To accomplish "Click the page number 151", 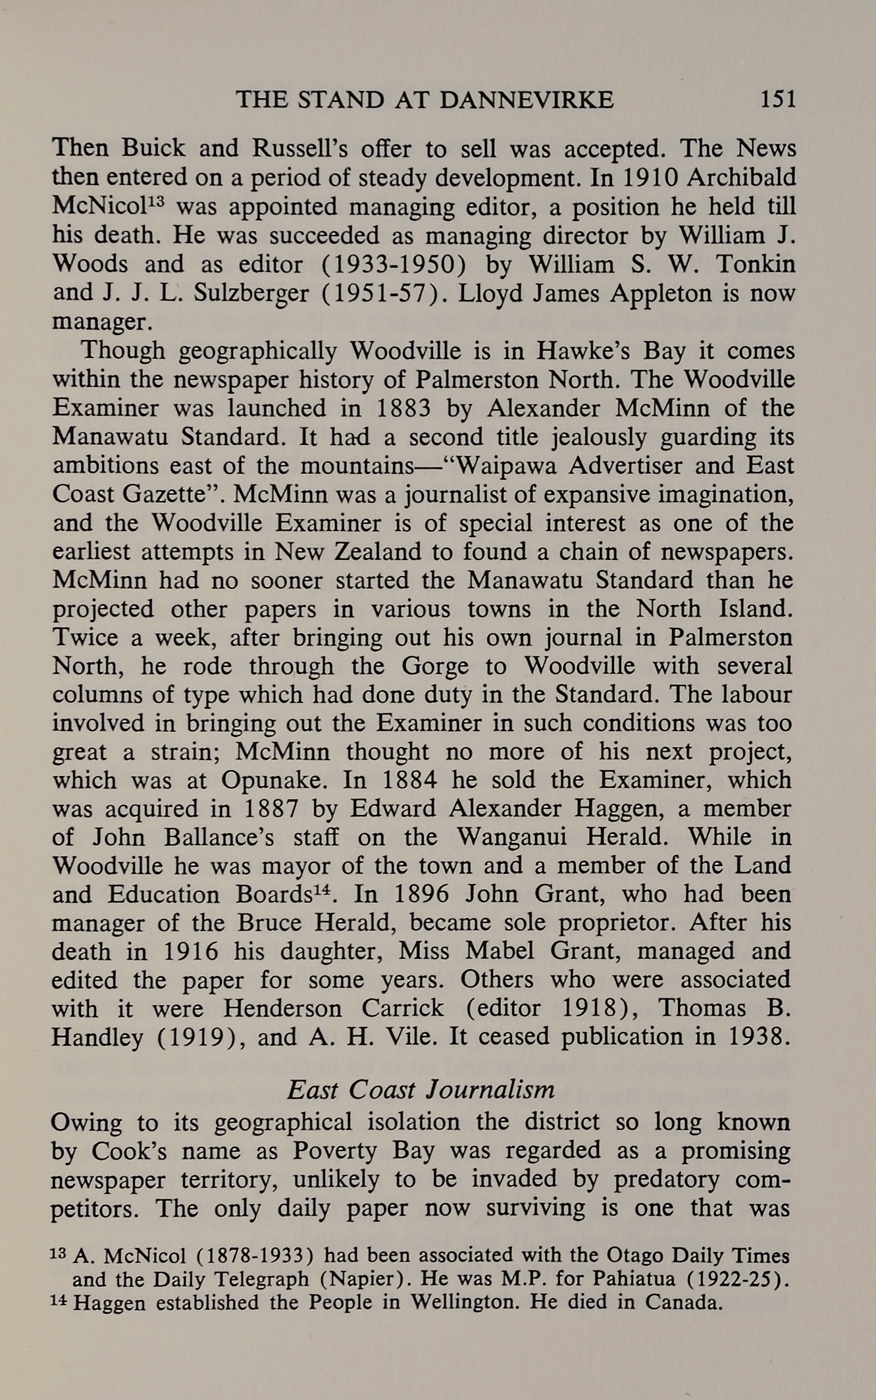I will click(778, 99).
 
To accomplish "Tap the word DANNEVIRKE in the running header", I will click(526, 99).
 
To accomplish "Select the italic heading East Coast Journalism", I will click(421, 1090).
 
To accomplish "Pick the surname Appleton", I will click(660, 293).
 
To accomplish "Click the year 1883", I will click(403, 408).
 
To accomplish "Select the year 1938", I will click(759, 1037).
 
